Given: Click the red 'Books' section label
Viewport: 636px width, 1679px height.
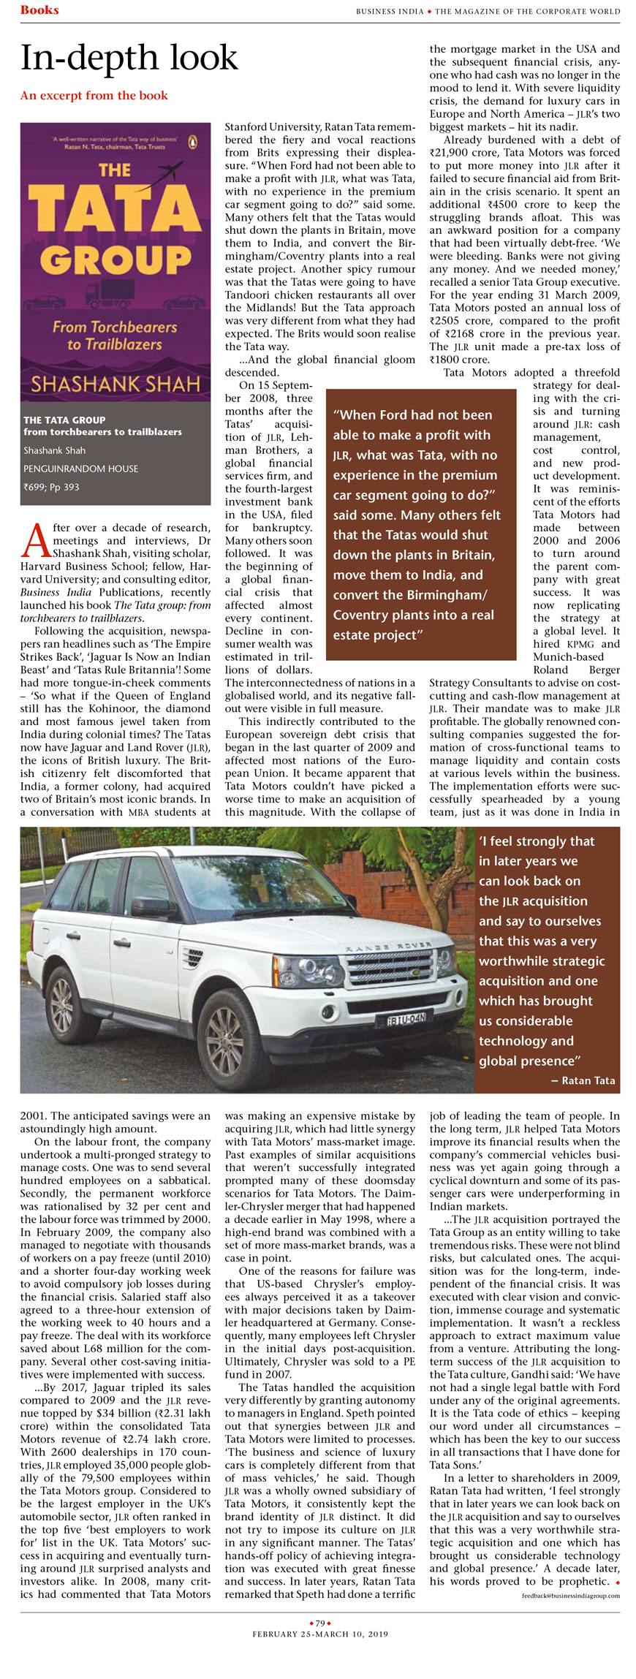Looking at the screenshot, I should point(39,10).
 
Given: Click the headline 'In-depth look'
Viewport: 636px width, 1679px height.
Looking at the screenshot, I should point(129,58).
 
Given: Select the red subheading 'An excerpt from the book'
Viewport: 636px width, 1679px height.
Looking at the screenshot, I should point(94,96).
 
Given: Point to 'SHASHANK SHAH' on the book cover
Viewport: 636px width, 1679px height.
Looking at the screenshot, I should point(116,384).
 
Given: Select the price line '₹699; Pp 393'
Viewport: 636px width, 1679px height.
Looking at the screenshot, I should point(51,488).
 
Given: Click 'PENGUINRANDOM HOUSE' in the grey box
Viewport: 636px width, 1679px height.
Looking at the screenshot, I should point(80,469).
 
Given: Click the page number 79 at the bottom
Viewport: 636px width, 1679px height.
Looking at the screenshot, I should point(320,1623).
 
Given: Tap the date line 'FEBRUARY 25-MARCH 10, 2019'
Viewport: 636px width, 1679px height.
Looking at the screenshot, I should point(320,1634).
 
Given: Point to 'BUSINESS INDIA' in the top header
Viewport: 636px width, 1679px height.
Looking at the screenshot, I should point(390,12).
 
